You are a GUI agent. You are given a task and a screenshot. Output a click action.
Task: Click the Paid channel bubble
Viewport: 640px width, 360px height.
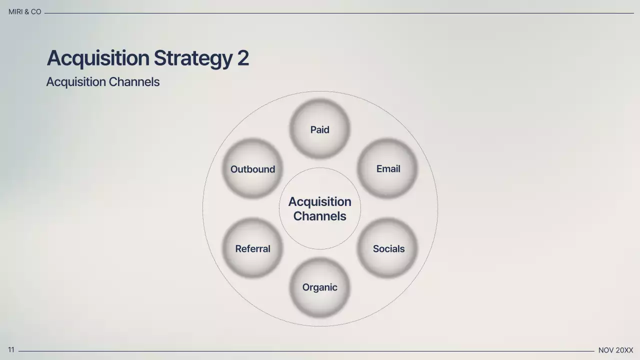(319, 129)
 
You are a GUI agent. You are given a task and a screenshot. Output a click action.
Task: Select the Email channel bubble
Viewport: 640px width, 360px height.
(387, 168)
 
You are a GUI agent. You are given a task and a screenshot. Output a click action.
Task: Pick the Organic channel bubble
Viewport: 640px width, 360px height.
(319, 287)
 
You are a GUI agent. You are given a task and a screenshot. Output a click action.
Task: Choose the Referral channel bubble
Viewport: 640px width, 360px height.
(252, 248)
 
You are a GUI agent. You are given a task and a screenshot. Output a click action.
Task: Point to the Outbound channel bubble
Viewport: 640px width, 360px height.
(252, 168)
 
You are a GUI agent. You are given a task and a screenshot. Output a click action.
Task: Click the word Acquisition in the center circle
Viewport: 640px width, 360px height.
(319, 201)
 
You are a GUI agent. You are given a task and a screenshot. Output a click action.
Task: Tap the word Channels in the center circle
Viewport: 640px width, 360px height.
(319, 216)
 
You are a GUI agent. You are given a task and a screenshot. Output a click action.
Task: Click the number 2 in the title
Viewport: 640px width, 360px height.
(243, 58)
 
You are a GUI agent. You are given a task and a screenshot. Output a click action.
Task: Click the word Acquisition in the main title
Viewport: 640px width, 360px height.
(98, 58)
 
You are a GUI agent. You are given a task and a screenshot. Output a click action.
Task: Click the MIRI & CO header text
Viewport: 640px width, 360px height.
(24, 11)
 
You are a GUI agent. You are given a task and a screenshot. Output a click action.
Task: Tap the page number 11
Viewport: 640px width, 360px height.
(11, 350)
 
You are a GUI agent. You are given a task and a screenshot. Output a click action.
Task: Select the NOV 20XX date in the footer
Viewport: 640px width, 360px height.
(615, 350)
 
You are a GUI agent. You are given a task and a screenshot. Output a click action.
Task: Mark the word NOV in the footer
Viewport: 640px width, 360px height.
(606, 350)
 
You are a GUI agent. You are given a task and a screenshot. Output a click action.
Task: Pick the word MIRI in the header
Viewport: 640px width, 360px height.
(15, 11)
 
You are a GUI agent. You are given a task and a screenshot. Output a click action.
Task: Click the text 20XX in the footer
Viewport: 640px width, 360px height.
(624, 350)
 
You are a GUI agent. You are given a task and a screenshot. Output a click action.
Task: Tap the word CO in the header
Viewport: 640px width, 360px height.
(36, 11)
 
